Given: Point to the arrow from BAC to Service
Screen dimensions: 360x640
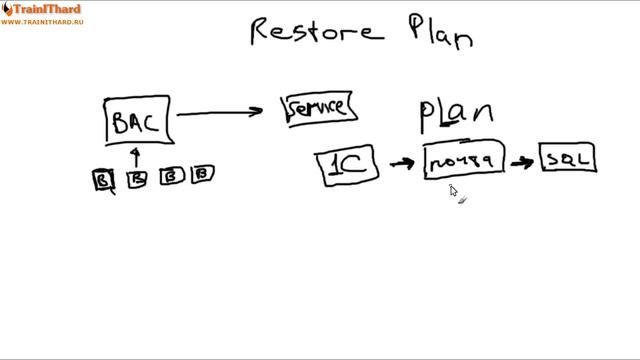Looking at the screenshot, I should (x=227, y=113).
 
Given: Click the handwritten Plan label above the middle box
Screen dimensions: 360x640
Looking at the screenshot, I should (x=454, y=116).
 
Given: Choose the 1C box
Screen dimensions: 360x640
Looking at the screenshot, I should (x=349, y=166).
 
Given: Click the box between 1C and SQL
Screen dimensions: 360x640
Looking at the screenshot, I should (x=464, y=160).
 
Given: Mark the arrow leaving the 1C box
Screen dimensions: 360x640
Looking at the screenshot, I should (x=402, y=162).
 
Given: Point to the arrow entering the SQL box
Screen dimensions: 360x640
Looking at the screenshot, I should (x=522, y=160).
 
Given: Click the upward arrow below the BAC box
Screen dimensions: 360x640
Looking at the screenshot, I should (x=137, y=155).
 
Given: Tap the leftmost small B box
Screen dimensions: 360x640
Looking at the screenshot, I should (x=103, y=179).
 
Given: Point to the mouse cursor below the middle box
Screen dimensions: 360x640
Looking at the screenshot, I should (x=453, y=191).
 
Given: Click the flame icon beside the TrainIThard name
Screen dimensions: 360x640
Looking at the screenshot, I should (x=6, y=9).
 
